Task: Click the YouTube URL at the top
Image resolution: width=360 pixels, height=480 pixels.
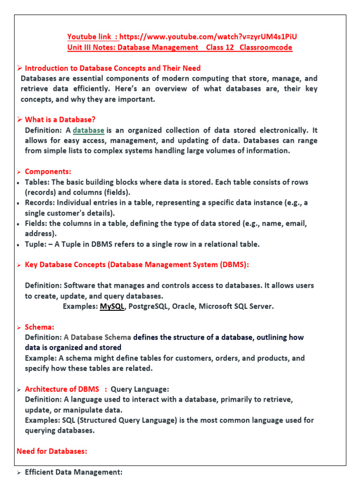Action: (209, 37)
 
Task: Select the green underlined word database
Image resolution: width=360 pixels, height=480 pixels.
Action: (89, 130)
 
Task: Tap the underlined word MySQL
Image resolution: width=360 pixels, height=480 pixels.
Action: (112, 307)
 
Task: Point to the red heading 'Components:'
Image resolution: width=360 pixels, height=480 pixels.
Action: (48, 172)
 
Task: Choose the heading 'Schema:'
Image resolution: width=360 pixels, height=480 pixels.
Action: (39, 327)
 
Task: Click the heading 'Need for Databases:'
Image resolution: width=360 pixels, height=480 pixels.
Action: (52, 451)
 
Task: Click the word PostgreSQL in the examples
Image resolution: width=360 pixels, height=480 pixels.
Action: (151, 307)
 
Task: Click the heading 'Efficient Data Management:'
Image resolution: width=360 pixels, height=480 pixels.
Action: (74, 472)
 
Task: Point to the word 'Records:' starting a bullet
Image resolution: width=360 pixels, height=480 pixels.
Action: (41, 203)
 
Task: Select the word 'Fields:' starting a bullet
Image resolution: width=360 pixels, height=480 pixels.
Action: (37, 224)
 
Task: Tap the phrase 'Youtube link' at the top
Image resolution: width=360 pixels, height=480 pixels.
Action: (90, 37)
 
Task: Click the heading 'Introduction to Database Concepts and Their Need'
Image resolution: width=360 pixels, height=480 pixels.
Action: (112, 68)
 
